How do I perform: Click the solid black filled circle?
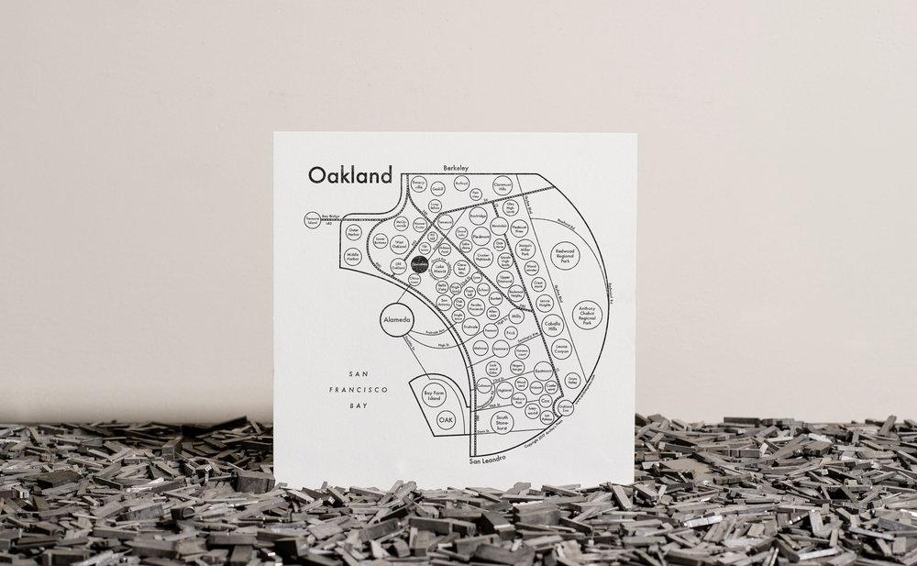420,264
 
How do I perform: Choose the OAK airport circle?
447,418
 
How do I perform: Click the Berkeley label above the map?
457,168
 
